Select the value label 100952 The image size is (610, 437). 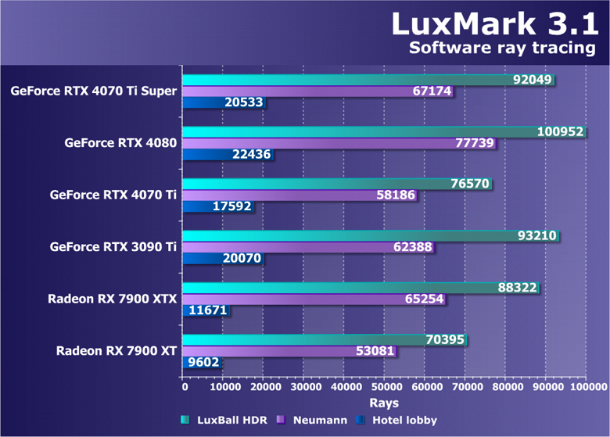560,131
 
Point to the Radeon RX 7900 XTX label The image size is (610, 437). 112,298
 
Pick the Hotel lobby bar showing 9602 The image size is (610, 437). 201,363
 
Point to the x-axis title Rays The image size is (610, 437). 385,403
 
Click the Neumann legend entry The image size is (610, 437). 313,420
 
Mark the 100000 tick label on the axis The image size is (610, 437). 587,387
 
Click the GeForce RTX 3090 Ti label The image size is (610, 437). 113,246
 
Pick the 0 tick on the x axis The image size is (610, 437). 185,387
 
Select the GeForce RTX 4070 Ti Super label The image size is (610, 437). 94,91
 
